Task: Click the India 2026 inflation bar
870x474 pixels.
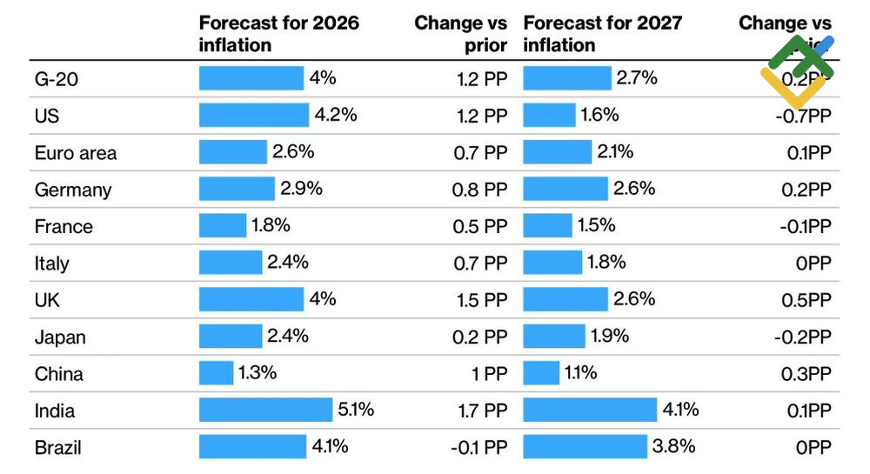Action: pos(265,410)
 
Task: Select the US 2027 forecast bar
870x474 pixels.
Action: pos(549,115)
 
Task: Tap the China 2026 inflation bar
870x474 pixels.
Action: pos(216,373)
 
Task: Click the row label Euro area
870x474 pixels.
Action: pos(76,153)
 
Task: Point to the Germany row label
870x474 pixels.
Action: pos(73,190)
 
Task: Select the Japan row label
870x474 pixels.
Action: pos(60,337)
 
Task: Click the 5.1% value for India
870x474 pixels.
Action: pos(356,410)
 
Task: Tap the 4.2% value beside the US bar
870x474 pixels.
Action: pos(336,115)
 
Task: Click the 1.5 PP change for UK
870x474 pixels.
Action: pos(481,300)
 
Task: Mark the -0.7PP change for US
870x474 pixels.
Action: pos(803,116)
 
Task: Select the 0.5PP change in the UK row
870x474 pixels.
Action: pos(806,300)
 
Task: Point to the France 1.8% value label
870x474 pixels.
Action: pos(271,225)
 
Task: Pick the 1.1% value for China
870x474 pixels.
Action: pos(581,373)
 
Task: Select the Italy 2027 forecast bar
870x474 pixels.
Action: pos(552,263)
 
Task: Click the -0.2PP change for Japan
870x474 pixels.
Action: pos(803,337)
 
